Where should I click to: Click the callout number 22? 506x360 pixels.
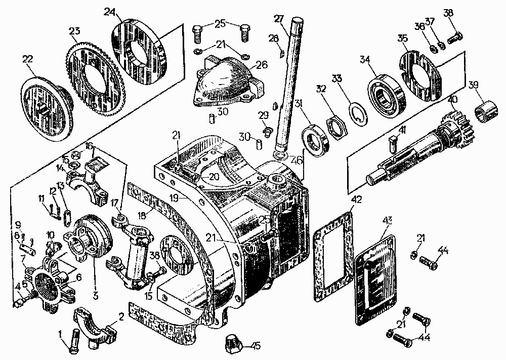[x=27, y=59]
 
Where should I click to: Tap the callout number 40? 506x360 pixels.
[x=451, y=100]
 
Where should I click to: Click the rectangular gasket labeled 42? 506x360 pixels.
[x=331, y=253]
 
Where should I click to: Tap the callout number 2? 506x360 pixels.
[x=121, y=317]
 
